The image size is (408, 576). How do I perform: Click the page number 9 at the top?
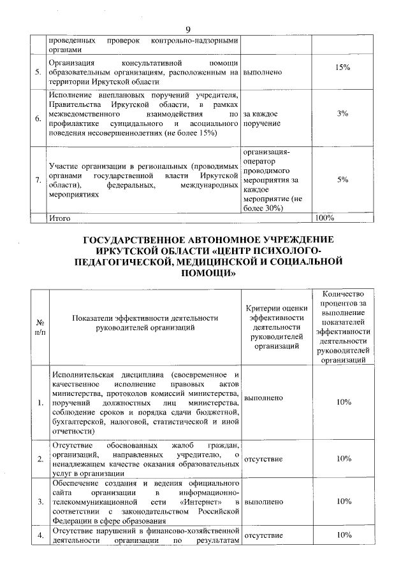coord(188,30)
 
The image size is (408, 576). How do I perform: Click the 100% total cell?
coord(325,218)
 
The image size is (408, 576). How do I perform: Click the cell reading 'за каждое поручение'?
coord(264,118)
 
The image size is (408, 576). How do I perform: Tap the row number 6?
coord(40,118)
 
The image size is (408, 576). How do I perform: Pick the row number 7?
coord(40,181)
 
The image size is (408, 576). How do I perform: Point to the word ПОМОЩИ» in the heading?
coord(205,274)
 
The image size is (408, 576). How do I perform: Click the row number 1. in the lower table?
coord(40,402)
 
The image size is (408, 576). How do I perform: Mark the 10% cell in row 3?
coord(344,502)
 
